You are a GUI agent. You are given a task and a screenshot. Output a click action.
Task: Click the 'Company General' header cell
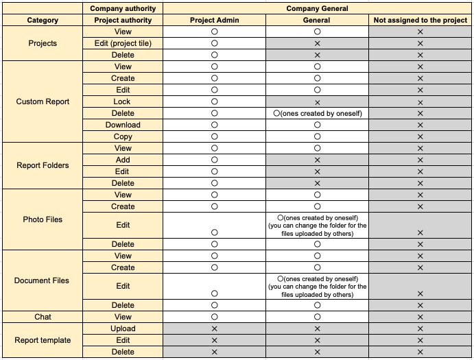tap(317, 9)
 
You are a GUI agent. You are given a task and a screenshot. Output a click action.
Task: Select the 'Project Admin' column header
tap(214, 21)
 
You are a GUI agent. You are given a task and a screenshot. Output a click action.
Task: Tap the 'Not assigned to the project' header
tap(420, 21)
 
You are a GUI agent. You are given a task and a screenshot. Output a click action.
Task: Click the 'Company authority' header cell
tap(123, 9)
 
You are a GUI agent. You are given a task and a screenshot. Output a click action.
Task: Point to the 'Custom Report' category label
tap(43, 101)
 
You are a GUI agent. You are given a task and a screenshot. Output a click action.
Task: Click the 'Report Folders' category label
tap(43, 165)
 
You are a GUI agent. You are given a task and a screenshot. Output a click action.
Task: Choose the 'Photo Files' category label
tap(43, 219)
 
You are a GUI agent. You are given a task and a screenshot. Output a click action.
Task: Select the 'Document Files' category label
tap(43, 280)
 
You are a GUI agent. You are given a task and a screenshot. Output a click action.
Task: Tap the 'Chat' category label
tap(43, 317)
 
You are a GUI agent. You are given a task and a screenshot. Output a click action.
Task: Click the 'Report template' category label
tap(43, 340)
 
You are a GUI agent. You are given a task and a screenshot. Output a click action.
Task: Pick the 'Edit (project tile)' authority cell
tap(123, 44)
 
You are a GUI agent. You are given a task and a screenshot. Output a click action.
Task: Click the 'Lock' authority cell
tap(123, 101)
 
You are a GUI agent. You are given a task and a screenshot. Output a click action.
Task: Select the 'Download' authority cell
tap(123, 125)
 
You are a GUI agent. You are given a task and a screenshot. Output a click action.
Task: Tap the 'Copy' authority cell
tap(123, 136)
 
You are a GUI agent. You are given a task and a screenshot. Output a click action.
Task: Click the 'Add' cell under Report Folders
tap(123, 160)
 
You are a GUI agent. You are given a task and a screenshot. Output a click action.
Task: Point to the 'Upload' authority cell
tap(123, 328)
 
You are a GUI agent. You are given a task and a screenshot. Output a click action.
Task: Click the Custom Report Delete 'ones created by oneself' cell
tap(317, 113)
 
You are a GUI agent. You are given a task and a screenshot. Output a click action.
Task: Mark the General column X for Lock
tap(317, 102)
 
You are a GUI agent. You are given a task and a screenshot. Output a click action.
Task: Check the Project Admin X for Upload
tap(214, 329)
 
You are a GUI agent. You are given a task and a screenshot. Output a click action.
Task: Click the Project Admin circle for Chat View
tap(214, 317)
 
